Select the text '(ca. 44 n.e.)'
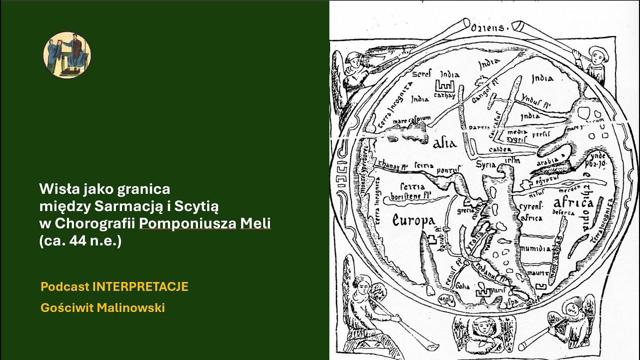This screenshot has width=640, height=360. (x=80, y=241)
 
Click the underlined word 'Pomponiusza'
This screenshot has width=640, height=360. (x=188, y=224)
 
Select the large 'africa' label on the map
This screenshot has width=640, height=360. (x=573, y=203)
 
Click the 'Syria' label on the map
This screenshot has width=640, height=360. (x=486, y=164)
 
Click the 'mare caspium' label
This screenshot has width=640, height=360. (x=411, y=119)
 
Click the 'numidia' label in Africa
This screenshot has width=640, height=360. (x=535, y=248)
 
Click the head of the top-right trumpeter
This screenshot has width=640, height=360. (x=596, y=53)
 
